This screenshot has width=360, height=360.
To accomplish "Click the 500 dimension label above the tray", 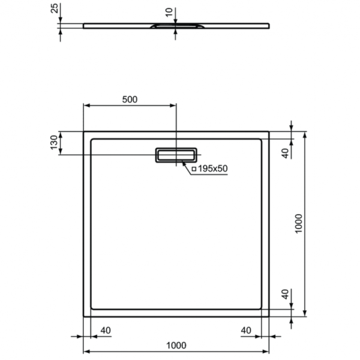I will (130, 99).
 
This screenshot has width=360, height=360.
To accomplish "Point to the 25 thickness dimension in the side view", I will (54, 8).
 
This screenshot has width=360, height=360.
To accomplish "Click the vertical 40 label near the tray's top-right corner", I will (286, 152).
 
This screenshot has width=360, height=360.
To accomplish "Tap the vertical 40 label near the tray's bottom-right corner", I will (286, 295).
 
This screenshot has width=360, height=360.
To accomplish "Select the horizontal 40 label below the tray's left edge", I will (105, 329).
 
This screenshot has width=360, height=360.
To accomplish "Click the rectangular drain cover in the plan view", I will (176, 155).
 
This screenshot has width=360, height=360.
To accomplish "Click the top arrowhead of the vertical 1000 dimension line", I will (306, 134).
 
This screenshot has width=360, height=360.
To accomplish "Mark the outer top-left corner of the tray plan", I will (83, 131).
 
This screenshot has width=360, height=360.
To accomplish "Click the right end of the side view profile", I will (268, 25).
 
